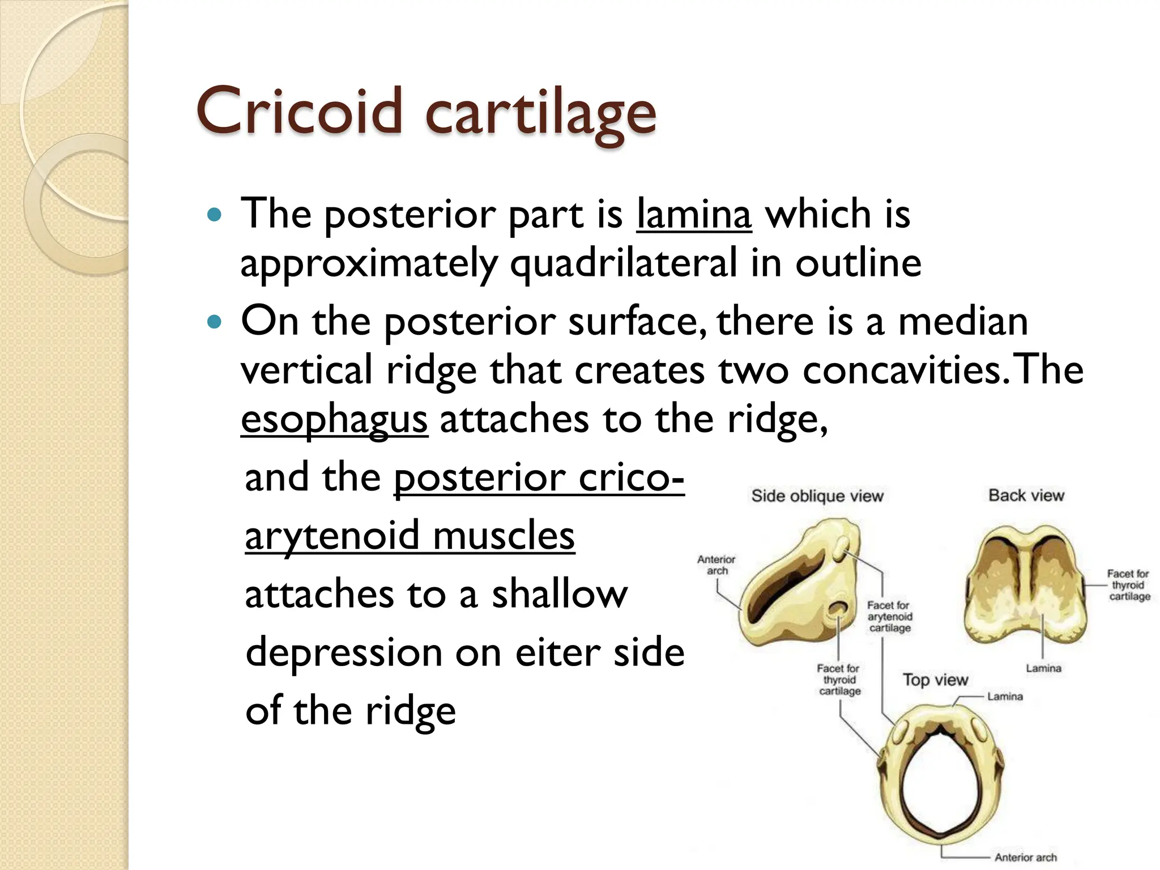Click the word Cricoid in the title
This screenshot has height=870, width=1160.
coord(298,112)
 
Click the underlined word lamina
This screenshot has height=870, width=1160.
coord(694,215)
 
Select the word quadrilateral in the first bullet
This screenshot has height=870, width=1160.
coord(624,263)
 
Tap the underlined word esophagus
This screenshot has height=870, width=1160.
coord(334,420)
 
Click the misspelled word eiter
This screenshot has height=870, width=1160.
coord(558,652)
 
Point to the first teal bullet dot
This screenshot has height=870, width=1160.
coord(214,215)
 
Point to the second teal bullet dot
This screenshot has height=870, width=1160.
coord(214,322)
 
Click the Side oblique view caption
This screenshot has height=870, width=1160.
coord(817,496)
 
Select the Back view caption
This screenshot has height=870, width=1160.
coord(1026,496)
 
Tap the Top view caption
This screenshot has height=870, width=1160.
coord(935,680)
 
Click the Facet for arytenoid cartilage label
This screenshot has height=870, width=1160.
coord(889,617)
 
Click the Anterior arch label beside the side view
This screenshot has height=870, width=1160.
coord(716,565)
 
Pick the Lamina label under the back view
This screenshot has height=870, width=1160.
coord(1043,669)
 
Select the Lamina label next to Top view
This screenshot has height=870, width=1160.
coord(1005,697)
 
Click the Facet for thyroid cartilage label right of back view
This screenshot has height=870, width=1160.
coord(1129,585)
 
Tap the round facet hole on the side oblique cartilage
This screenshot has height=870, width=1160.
coord(837,610)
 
